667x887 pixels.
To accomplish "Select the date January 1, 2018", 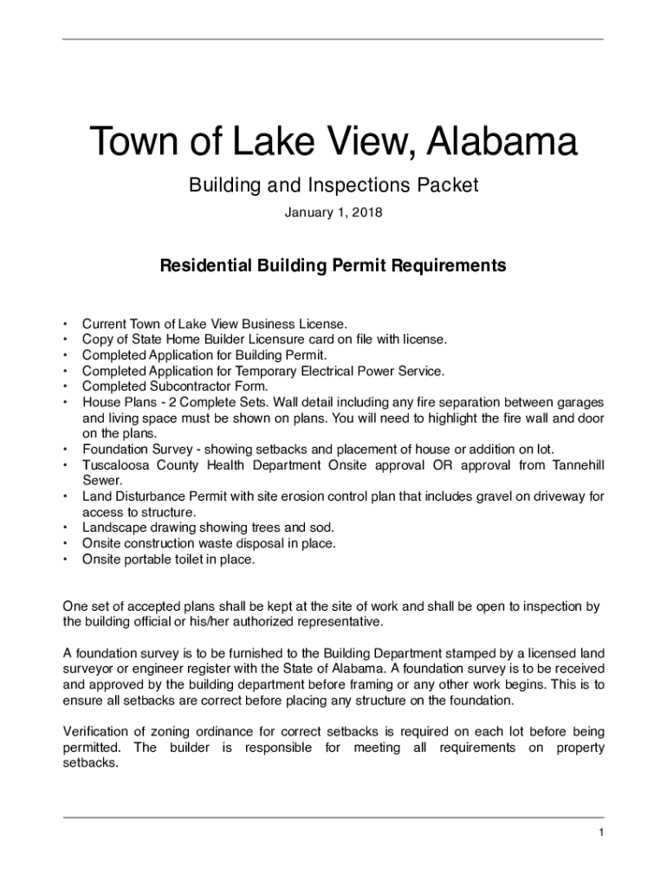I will (333, 212).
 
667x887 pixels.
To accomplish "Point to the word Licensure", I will (256, 340).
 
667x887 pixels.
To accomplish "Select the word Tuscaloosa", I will (118, 465).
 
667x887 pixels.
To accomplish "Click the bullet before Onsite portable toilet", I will (65, 560).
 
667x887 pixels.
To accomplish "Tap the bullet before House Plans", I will (65, 403).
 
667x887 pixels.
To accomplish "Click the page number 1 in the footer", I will (599, 833).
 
